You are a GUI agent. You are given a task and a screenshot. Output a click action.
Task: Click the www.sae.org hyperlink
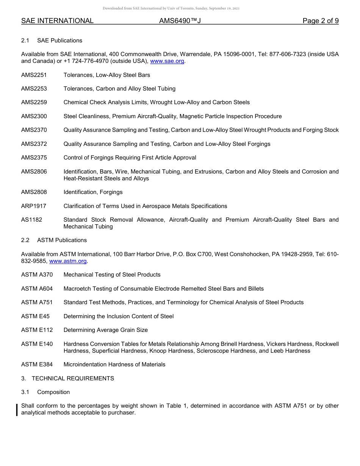pyautogui.click(x=167, y=61)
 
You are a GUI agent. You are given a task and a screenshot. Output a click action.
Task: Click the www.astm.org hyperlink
pyautogui.click(x=68, y=261)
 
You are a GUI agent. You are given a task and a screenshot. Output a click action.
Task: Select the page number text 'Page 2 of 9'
pyautogui.click(x=320, y=21)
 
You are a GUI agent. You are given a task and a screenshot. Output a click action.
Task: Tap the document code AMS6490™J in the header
pyautogui.click(x=180, y=21)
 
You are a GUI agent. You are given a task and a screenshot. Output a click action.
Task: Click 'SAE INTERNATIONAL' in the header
pyautogui.click(x=57, y=21)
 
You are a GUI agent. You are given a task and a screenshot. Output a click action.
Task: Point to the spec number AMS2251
pyautogui.click(x=34, y=75)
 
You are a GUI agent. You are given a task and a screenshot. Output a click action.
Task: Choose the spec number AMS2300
pyautogui.click(x=34, y=116)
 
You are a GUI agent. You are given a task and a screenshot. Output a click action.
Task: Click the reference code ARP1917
pyautogui.click(x=34, y=206)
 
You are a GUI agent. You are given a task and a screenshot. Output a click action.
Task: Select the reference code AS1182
pyautogui.click(x=31, y=220)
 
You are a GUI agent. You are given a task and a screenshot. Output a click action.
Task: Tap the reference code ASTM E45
pyautogui.click(x=35, y=316)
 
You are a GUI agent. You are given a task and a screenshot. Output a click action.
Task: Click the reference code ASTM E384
pyautogui.click(x=37, y=364)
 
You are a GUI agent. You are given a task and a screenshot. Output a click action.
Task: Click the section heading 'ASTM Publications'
pyautogui.click(x=62, y=240)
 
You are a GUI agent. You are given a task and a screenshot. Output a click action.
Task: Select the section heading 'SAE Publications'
pyautogui.click(x=59, y=41)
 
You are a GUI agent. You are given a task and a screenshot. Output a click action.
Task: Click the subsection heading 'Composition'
pyautogui.click(x=53, y=392)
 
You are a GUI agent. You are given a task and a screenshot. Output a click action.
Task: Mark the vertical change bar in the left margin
pyautogui.click(x=17, y=410)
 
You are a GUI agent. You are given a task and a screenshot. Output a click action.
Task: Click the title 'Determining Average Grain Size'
pyautogui.click(x=105, y=330)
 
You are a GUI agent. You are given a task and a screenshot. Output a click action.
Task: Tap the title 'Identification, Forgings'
pyautogui.click(x=93, y=192)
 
